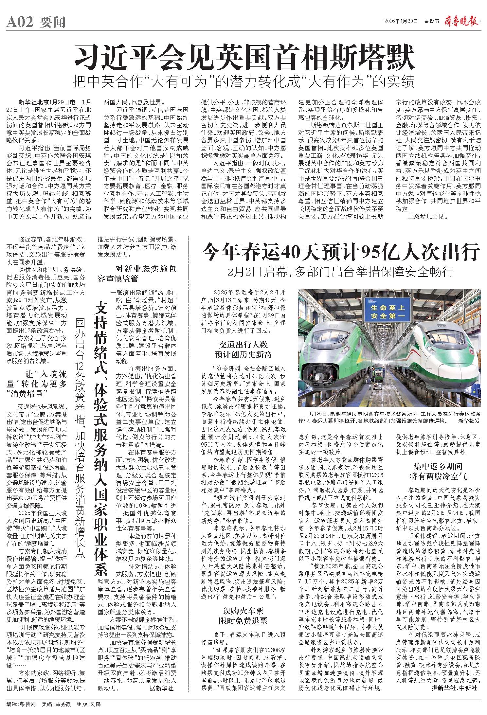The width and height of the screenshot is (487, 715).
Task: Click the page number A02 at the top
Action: click(x=20, y=22)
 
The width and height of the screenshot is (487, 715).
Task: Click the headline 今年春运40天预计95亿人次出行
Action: click(x=340, y=252)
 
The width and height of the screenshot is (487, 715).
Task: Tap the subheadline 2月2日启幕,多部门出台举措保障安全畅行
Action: click(x=340, y=272)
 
